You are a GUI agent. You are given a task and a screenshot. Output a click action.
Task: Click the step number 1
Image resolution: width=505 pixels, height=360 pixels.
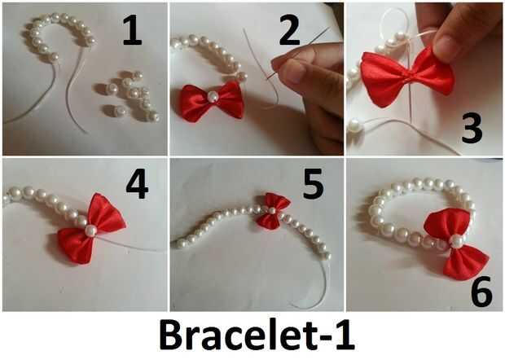tap(133, 31)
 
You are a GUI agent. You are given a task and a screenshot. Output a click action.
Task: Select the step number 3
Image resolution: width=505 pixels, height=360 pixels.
tap(472, 129)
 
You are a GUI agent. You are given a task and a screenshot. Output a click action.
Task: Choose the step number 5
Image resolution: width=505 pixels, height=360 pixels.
tap(314, 184)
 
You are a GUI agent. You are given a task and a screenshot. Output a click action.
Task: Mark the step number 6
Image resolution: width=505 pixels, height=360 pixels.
tap(481, 291)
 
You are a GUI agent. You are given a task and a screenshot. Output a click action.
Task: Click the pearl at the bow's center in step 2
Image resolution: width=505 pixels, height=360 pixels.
tap(213, 95)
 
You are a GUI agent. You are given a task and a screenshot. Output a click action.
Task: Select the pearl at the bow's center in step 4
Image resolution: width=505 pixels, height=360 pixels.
tap(90, 230)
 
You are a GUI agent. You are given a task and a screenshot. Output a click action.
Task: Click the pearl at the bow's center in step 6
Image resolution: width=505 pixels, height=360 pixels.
tap(456, 242)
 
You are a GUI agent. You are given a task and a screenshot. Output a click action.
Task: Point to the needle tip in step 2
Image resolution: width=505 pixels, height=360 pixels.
tap(266, 77)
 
